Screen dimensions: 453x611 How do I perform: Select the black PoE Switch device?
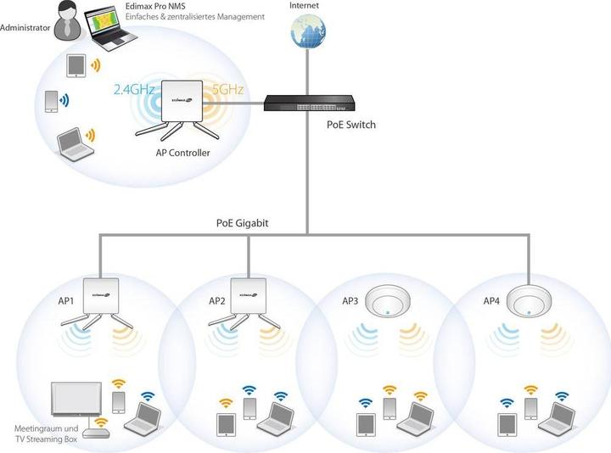(304, 103)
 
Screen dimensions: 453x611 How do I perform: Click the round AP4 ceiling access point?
(530, 302)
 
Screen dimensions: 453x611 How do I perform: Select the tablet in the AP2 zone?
(226, 422)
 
